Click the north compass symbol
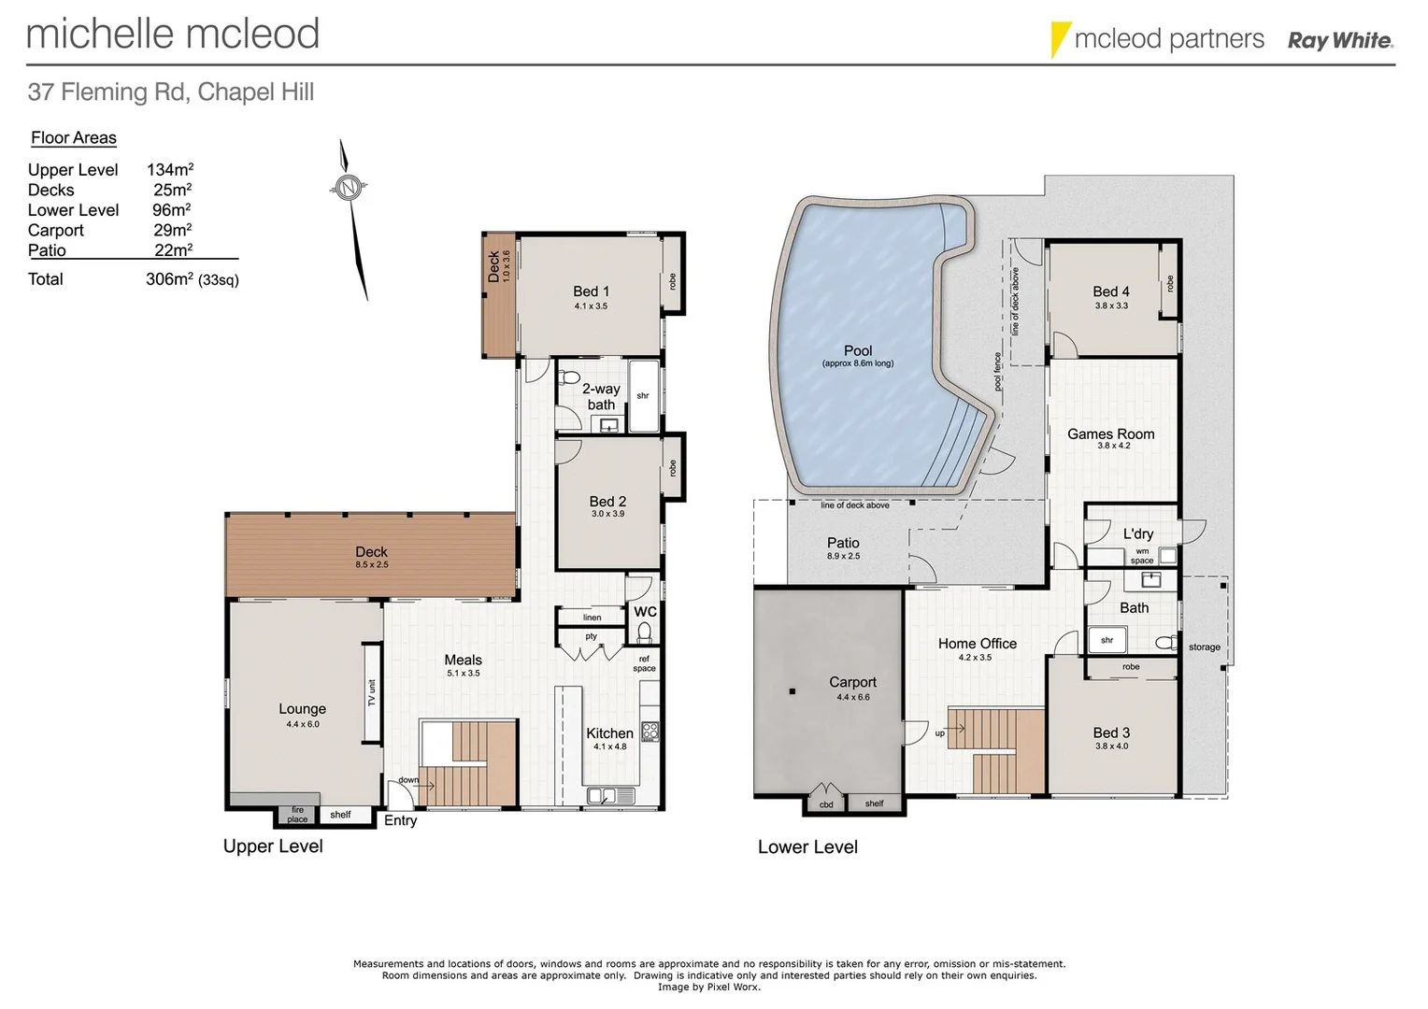click(x=349, y=188)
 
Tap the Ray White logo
click(x=1339, y=40)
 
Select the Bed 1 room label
click(x=591, y=292)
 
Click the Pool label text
click(x=857, y=351)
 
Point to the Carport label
click(x=852, y=683)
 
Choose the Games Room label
click(x=1110, y=434)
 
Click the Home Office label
click(x=977, y=644)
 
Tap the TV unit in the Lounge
click(x=372, y=692)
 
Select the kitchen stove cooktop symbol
click(x=650, y=732)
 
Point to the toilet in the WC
click(x=644, y=632)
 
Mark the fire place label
click(x=297, y=816)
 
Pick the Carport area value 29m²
click(x=172, y=230)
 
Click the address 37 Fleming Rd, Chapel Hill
click(x=171, y=92)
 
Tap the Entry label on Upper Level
click(x=400, y=820)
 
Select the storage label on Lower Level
click(x=1204, y=647)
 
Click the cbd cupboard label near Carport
click(x=826, y=804)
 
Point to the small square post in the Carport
click(x=792, y=691)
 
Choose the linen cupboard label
click(x=592, y=618)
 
